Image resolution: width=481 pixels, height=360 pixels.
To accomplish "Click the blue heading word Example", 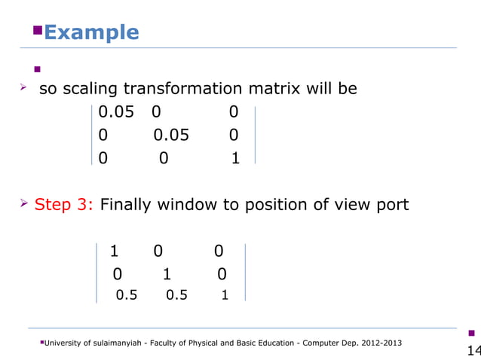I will tap(91, 32).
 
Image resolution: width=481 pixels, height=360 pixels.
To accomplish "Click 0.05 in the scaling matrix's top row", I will tap(116, 112).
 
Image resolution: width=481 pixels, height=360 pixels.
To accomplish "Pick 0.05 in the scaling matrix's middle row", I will tap(171, 136).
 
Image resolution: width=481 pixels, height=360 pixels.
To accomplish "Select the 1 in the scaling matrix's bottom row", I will tap(235, 159).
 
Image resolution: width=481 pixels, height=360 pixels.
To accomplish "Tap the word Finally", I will tap(128, 205).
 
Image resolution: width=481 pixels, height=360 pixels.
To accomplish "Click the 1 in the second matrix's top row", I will tap(114, 251).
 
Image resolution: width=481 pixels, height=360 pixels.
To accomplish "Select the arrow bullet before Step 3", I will tap(25, 204).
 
